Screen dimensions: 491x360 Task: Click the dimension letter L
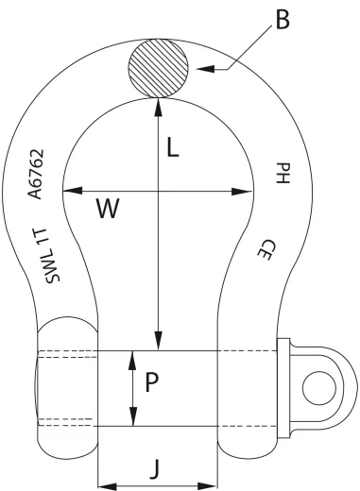coord(172,149)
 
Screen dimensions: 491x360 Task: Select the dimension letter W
coord(107,210)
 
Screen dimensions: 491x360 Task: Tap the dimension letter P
coord(149,384)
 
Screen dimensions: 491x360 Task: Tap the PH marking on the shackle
coord(281,172)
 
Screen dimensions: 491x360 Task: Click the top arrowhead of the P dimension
coord(132,357)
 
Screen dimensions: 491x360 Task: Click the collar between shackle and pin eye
coord(283,387)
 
